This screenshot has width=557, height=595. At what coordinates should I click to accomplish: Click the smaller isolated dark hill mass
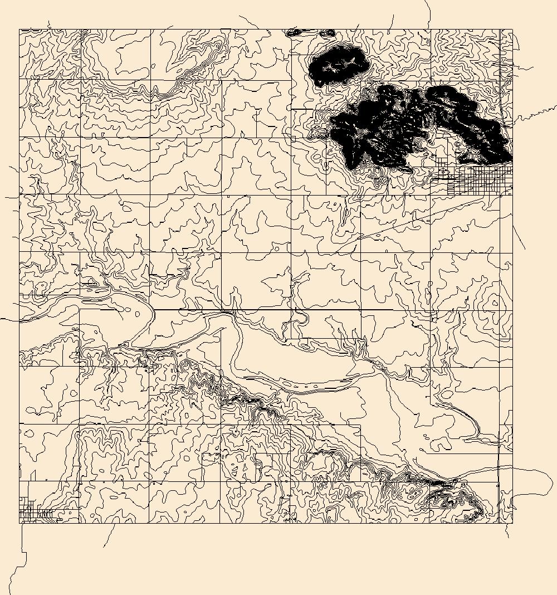[338, 65]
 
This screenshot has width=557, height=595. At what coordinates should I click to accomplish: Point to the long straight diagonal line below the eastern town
[423, 217]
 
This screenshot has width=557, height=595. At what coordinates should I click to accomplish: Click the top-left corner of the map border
[19, 30]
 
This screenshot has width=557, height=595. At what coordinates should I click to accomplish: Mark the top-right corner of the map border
[512, 30]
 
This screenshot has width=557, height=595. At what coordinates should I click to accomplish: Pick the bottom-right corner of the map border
[512, 523]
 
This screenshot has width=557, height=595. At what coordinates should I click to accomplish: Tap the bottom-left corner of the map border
[19, 523]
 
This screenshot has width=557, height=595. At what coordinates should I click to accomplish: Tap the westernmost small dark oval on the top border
[294, 32]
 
